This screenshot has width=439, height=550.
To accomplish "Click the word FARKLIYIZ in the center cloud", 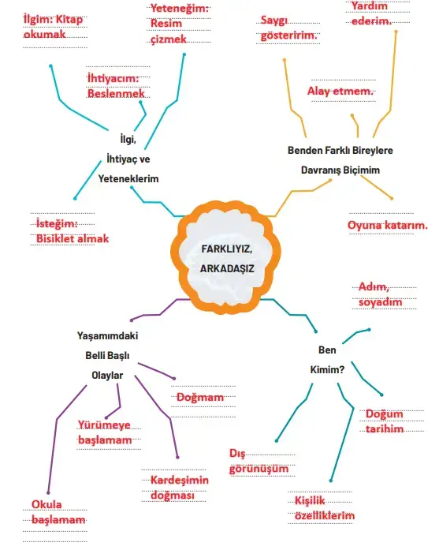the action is point(227,249).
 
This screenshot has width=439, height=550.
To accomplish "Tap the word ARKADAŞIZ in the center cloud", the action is point(227,268).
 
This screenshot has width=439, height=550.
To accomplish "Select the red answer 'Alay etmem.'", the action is point(340,92).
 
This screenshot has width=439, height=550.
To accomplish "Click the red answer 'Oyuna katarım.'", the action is point(388,225).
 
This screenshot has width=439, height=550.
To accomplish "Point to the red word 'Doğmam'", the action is point(200,397).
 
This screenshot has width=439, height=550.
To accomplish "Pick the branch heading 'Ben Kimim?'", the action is point(327,360).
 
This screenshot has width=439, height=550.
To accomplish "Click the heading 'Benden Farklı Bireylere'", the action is point(340,150).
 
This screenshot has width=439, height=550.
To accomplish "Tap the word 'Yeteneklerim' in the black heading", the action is point(128,179).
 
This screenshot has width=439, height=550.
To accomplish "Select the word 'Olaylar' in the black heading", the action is point(107,376).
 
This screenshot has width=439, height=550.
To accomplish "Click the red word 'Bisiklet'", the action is point(56,238).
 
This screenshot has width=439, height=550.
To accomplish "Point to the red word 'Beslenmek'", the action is point(116,93).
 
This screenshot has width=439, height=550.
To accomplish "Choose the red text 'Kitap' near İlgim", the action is point(69,19).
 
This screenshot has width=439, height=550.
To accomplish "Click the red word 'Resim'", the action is point(166,23).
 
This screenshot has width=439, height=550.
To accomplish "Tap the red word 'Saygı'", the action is point(273,21).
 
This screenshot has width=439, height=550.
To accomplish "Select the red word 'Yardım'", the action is point(370,6).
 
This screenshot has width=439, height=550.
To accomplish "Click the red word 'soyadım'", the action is point(380,302).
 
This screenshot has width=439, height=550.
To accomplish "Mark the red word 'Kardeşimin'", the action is point(180,480).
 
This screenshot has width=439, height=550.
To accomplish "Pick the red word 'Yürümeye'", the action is point(104,425).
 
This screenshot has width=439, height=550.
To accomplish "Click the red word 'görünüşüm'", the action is point(259,469).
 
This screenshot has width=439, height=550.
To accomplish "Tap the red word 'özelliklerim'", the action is point(325,515).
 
